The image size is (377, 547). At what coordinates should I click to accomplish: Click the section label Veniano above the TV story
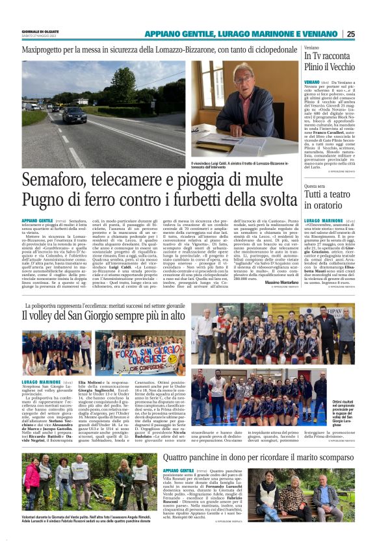pos(312,48)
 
